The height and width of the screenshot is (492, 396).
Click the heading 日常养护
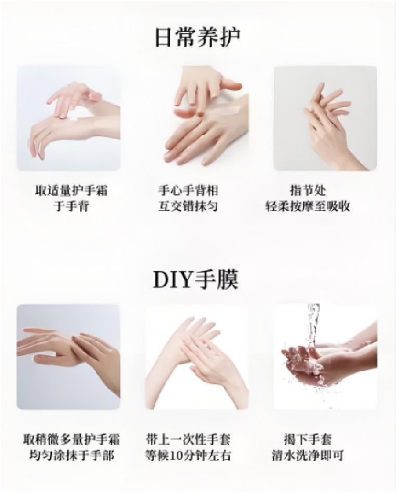pos(197,37)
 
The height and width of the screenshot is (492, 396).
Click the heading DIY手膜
pos(195,279)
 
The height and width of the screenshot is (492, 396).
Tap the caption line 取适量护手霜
pos(72,190)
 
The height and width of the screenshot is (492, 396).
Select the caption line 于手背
pos(72,206)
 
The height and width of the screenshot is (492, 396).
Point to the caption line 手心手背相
pos(188,190)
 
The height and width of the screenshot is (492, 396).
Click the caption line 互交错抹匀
pos(188,206)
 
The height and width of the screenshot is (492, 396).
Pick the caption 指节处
pos(308,190)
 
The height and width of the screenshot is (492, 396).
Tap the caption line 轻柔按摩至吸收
pos(308,206)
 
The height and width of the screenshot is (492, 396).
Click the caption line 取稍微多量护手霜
pos(72,439)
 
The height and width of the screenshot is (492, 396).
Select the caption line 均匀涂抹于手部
pos(72,455)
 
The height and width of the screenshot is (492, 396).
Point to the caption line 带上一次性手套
pos(188,439)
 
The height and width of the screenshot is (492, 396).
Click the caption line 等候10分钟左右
pos(188,455)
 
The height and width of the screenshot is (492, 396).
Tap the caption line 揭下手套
pos(308,439)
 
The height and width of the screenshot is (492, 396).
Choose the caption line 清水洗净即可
pos(308,455)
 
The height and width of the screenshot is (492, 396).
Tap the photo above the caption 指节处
pos(325,118)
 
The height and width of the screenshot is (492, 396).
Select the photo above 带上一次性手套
pos(196,357)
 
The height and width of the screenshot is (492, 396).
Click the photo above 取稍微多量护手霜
pos(69,357)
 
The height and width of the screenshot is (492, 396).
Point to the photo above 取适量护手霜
pos(69,118)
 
